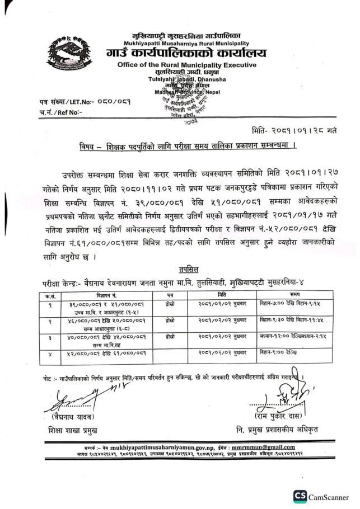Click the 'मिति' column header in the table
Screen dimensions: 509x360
point(221,294)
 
